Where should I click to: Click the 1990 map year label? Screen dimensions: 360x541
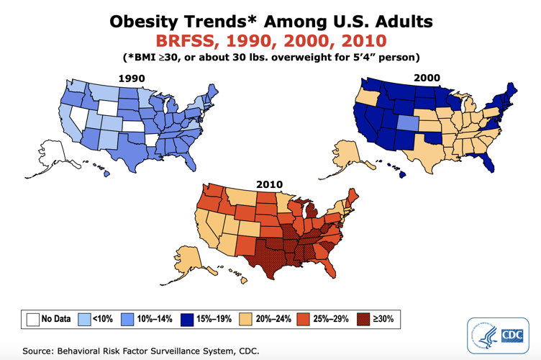pyautogui.click(x=132, y=77)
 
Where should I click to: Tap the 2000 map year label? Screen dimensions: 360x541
pyautogui.click(x=427, y=77)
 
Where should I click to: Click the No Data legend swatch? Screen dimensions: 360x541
pyautogui.click(x=32, y=318)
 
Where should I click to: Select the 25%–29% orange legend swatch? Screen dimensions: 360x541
pyautogui.click(x=299, y=318)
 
